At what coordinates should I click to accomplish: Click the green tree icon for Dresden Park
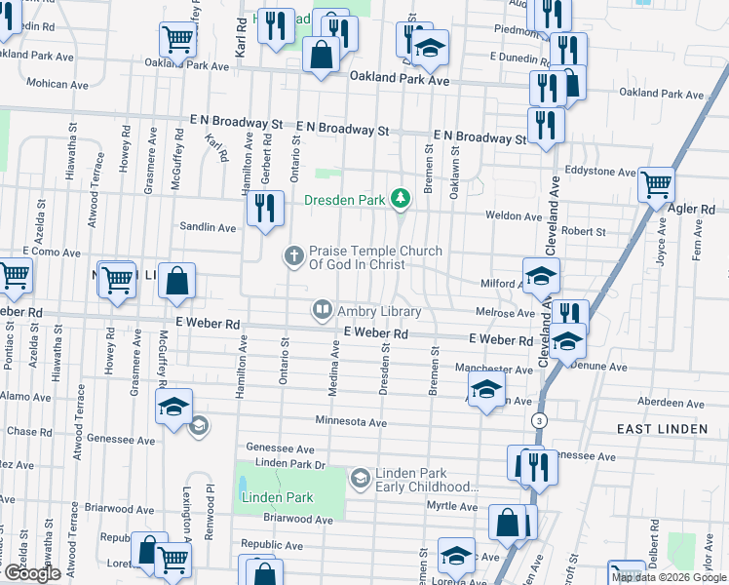[x=399, y=199]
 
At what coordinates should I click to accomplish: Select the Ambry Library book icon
[x=322, y=311]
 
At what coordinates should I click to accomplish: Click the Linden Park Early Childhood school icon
[x=360, y=478]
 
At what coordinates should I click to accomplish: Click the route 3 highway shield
[x=537, y=419]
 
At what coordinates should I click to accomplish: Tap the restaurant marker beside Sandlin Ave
[x=265, y=209]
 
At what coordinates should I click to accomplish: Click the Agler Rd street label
[x=693, y=209]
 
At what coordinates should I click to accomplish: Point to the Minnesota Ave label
[x=351, y=423]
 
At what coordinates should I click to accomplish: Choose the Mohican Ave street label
[x=34, y=84]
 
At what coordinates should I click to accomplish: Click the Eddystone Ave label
[x=605, y=172]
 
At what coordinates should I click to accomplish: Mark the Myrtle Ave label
[x=451, y=506]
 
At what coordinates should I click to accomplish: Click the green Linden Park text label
[x=278, y=497]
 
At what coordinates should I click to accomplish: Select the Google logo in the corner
[x=32, y=573]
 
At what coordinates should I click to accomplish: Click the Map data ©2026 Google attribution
[x=669, y=577]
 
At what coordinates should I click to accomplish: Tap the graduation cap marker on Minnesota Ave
[x=174, y=407]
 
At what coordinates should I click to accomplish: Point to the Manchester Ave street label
[x=494, y=370]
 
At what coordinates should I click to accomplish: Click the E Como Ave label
[x=52, y=251]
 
